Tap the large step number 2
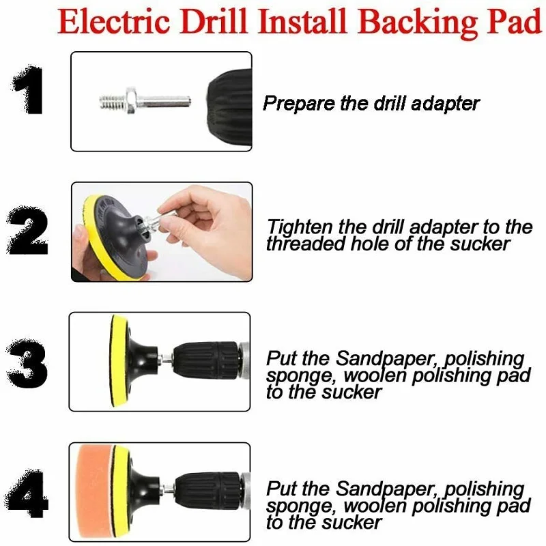tap(29, 232)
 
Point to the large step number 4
tap(28, 493)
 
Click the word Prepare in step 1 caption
tap(293, 104)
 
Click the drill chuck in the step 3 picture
tap(207, 360)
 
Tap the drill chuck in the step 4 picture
tap(207, 490)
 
